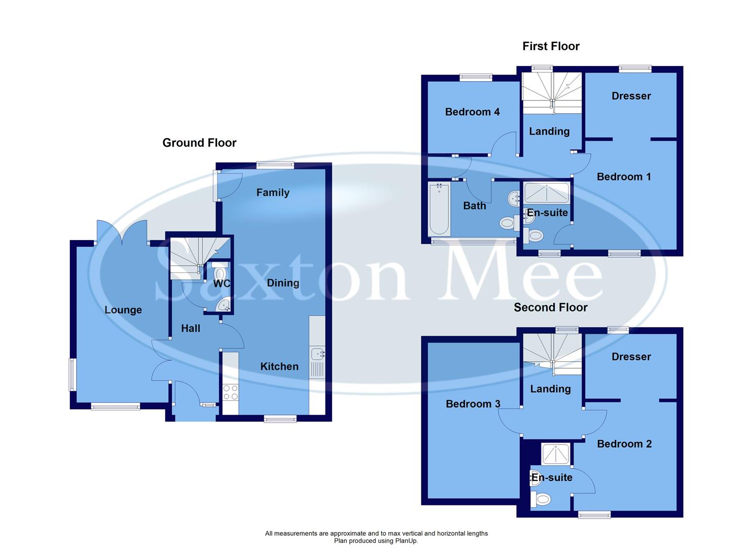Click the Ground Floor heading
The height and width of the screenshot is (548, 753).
[x=199, y=143]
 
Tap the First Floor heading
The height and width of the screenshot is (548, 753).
[x=551, y=46]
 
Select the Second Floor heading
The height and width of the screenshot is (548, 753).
[x=550, y=307]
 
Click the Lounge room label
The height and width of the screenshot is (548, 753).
[x=123, y=310]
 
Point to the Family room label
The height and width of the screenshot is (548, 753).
[x=273, y=192]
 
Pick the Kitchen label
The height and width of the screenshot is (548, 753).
[x=279, y=366]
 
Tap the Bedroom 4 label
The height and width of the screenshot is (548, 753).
[x=472, y=112]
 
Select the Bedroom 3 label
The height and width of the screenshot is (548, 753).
[x=473, y=404]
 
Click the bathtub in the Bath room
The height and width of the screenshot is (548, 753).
[x=439, y=209]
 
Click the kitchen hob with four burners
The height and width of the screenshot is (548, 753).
[x=231, y=392]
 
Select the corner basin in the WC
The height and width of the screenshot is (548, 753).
[x=224, y=305]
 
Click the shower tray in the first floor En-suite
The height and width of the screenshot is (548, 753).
[x=546, y=193]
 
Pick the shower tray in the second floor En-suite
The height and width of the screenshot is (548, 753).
[x=556, y=454]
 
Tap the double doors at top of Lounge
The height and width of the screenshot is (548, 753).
[x=122, y=232]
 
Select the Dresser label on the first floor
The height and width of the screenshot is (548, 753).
[x=631, y=96]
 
